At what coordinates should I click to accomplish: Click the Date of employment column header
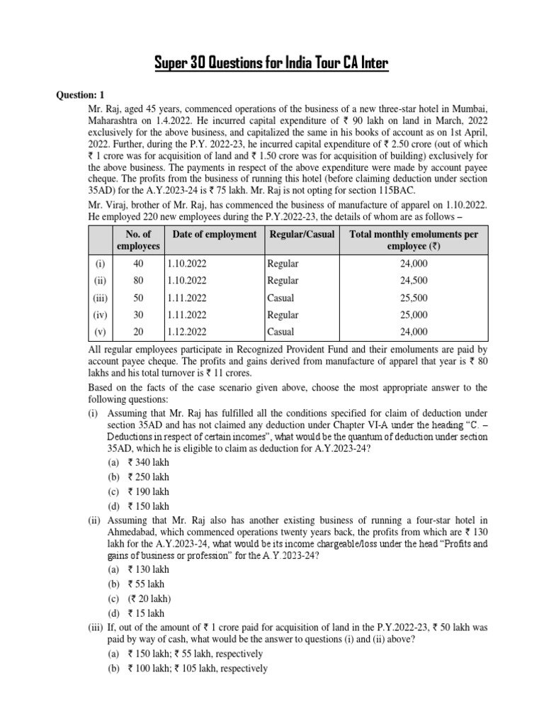214,234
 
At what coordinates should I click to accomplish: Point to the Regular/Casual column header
301,234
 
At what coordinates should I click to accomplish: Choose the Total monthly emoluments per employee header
413,240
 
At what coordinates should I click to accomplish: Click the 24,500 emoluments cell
413,281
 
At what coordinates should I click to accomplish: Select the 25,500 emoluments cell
413,298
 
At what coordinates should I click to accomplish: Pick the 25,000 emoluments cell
413,315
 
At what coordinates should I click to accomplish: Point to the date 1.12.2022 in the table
188,332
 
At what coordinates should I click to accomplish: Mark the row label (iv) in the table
100,315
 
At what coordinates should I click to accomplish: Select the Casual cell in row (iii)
280,298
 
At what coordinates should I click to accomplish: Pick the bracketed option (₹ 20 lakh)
152,598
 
